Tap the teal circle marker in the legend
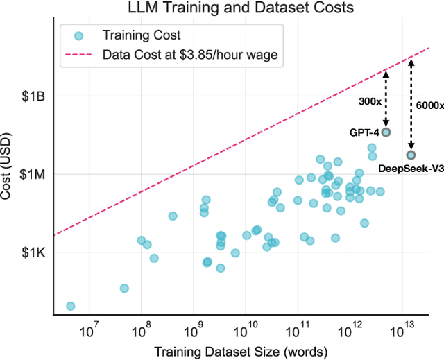79,35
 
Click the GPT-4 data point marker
386,132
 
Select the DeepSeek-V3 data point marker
411,155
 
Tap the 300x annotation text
370,101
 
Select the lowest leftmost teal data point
70,306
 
